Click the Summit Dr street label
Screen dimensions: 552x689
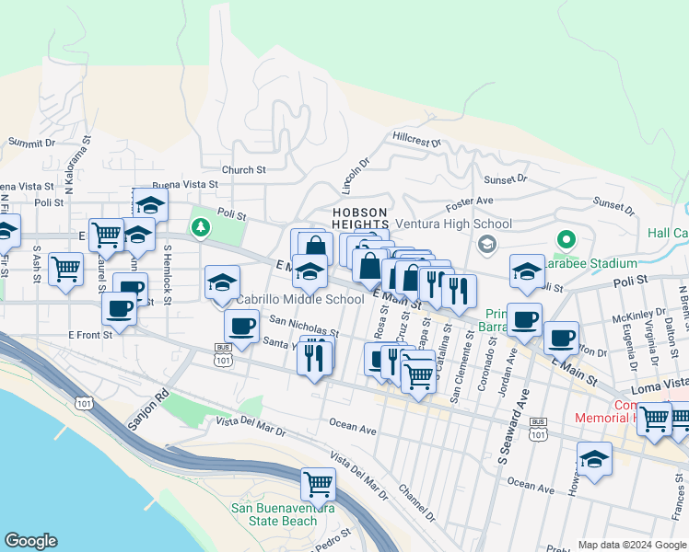pos(32,143)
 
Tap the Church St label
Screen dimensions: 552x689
pos(243,170)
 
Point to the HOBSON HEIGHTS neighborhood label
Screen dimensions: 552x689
pos(361,218)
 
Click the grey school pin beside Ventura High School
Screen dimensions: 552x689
pos(487,244)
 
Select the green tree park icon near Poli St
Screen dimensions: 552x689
pos(200,227)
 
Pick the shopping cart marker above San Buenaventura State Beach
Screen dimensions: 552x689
pos(318,483)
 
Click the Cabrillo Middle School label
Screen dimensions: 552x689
pos(300,299)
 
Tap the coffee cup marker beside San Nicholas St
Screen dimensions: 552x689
pos(242,326)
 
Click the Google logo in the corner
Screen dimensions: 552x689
pos(30,541)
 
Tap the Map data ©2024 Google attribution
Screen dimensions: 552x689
pos(631,545)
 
